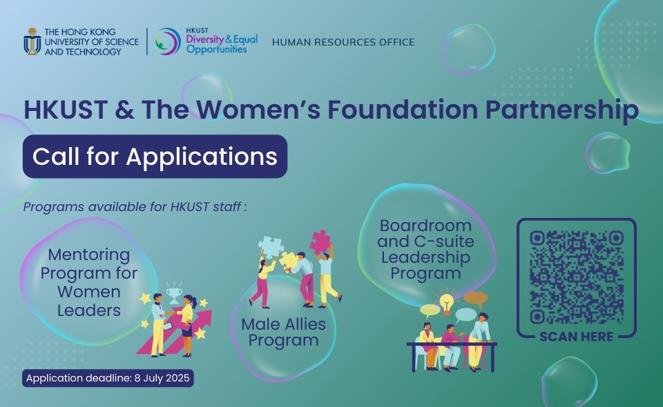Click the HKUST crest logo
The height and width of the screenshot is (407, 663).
point(32,41)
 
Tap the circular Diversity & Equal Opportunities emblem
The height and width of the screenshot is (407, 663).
point(167,41)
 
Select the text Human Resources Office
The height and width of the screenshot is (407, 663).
point(343,42)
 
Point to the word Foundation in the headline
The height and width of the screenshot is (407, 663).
point(403,109)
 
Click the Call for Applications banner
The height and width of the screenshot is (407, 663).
point(155,156)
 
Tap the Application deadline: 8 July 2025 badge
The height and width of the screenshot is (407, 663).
point(108,378)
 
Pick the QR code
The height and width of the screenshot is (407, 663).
point(577,277)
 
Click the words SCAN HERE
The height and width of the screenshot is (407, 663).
point(576,337)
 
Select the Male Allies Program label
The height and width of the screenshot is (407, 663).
point(284,332)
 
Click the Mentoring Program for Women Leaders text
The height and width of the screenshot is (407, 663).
point(89,282)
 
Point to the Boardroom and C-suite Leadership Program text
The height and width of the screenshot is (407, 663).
point(426,249)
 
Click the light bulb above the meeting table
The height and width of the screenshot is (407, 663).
point(447,303)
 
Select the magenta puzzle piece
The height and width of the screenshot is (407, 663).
point(320,242)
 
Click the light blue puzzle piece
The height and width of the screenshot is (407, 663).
point(271,247)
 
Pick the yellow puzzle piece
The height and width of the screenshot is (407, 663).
point(289,259)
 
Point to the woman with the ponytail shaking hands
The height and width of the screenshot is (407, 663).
point(187,324)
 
